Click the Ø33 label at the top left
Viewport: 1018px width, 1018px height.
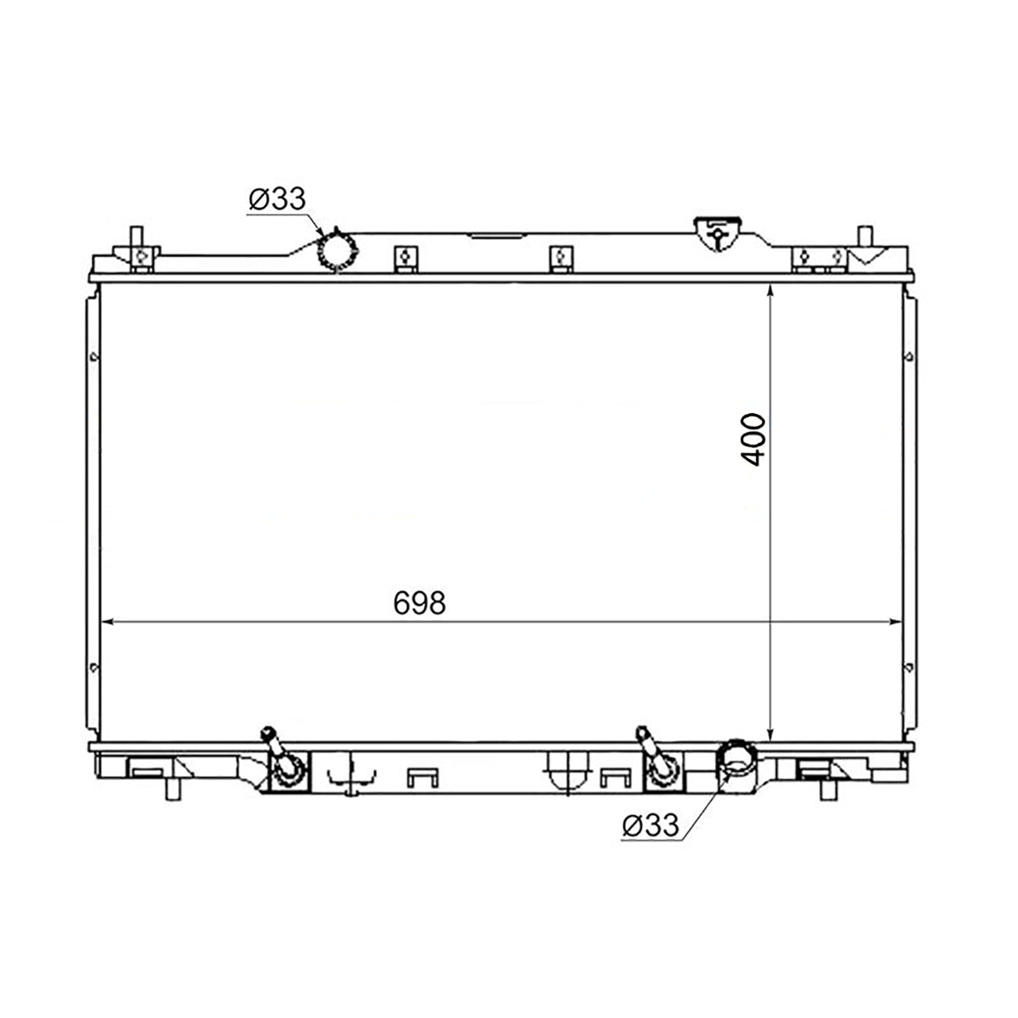[x=277, y=199]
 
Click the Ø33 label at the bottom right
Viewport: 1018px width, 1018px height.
[x=651, y=825]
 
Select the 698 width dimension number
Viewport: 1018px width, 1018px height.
[x=419, y=602]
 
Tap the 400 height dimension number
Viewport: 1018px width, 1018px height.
[x=752, y=439]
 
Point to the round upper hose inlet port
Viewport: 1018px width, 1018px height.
[x=337, y=250]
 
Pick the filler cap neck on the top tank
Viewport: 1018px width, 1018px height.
[x=717, y=233]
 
